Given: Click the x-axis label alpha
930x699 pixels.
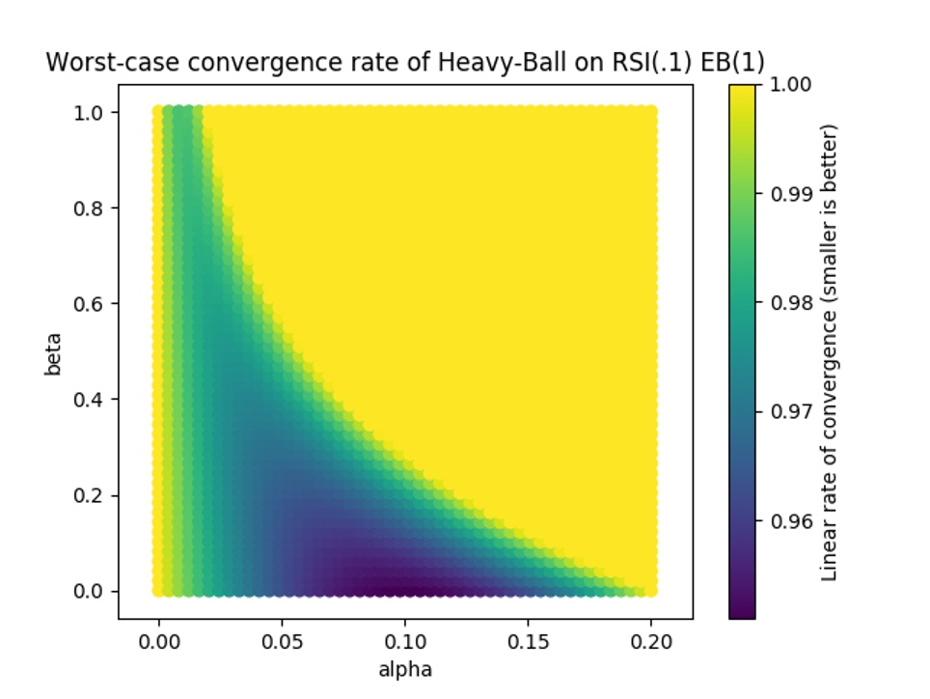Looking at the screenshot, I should point(405,669).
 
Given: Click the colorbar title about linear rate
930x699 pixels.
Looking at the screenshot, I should point(829,351).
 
